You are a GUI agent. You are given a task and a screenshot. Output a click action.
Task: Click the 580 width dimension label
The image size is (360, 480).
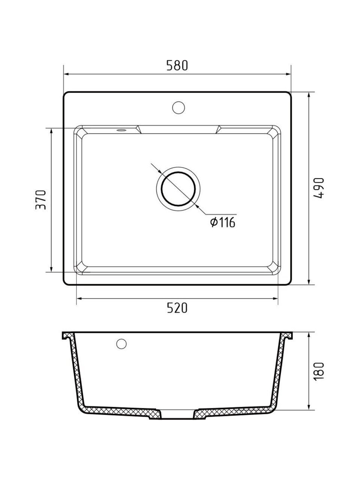pyautogui.click(x=177, y=65)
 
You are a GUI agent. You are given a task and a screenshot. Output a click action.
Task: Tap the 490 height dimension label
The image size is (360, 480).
pyautogui.click(x=318, y=188)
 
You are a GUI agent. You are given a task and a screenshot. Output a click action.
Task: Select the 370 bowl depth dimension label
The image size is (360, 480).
pyautogui.click(x=41, y=200)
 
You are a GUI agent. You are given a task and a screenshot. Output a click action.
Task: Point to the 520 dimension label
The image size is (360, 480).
pyautogui.click(x=177, y=308)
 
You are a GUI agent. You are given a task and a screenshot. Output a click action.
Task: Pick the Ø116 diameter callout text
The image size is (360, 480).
pyautogui.click(x=222, y=223)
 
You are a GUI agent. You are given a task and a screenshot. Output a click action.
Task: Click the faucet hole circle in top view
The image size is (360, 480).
pyautogui.click(x=178, y=107)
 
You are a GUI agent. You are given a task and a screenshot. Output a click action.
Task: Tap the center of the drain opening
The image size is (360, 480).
pyautogui.click(x=178, y=189)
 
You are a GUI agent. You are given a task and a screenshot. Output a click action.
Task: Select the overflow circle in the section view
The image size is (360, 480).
pyautogui.click(x=121, y=344)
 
